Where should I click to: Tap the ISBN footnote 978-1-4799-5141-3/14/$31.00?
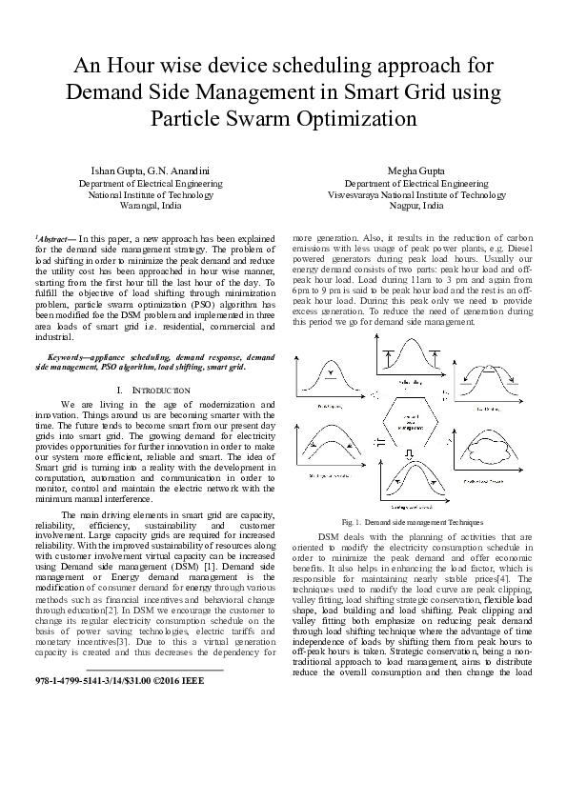point(92,708)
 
